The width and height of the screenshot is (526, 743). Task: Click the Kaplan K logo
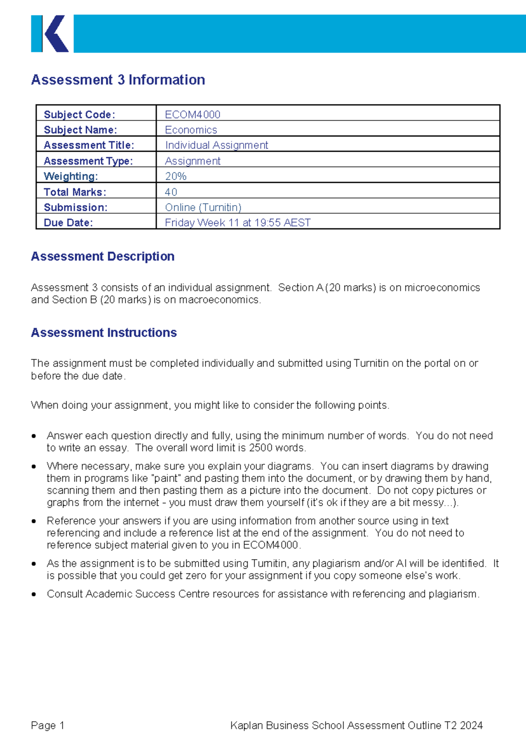click(x=50, y=34)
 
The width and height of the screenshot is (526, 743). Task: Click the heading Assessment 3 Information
click(x=118, y=80)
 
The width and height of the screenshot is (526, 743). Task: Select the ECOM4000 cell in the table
click(x=192, y=114)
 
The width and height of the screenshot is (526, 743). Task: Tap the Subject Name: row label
click(x=80, y=130)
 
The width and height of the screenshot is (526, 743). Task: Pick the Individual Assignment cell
click(x=217, y=145)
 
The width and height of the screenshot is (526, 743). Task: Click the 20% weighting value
click(x=176, y=176)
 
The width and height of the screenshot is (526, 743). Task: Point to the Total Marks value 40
click(x=171, y=192)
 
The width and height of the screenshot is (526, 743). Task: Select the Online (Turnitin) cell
click(x=203, y=207)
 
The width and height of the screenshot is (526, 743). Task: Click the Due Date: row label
click(x=68, y=223)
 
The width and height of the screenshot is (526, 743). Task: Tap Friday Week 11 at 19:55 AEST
click(x=238, y=223)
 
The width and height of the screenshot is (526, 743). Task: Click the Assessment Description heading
click(x=103, y=257)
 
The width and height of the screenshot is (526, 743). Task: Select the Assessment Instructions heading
click(x=104, y=333)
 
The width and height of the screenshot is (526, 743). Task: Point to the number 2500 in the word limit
click(x=261, y=448)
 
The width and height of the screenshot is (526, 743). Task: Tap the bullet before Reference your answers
click(x=34, y=521)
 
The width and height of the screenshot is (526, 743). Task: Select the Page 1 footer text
click(x=48, y=725)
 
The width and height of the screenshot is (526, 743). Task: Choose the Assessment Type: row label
click(x=88, y=161)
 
